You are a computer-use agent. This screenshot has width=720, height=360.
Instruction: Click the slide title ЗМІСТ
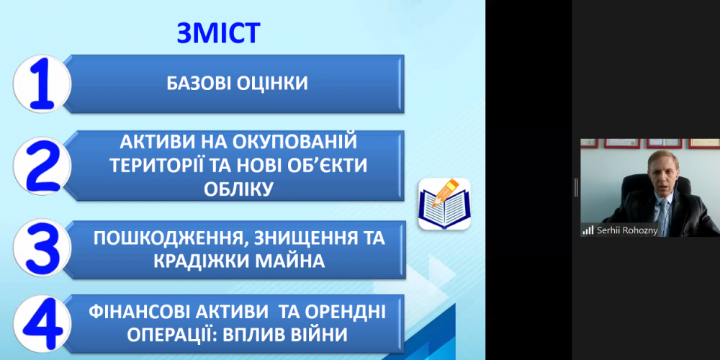(x=218, y=33)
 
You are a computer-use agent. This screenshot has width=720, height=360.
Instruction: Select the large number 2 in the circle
(x=42, y=166)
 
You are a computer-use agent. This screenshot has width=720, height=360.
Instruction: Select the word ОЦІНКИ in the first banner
(x=271, y=84)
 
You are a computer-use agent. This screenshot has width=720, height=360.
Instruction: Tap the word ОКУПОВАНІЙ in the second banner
(x=296, y=141)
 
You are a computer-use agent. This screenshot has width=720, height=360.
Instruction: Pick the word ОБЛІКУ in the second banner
(x=238, y=188)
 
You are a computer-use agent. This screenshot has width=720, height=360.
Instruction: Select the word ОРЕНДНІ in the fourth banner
(x=340, y=312)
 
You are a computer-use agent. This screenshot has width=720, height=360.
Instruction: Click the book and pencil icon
(x=444, y=204)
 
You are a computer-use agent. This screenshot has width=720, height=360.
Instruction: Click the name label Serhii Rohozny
(x=626, y=230)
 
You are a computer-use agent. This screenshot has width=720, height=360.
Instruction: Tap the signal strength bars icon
(x=588, y=230)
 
